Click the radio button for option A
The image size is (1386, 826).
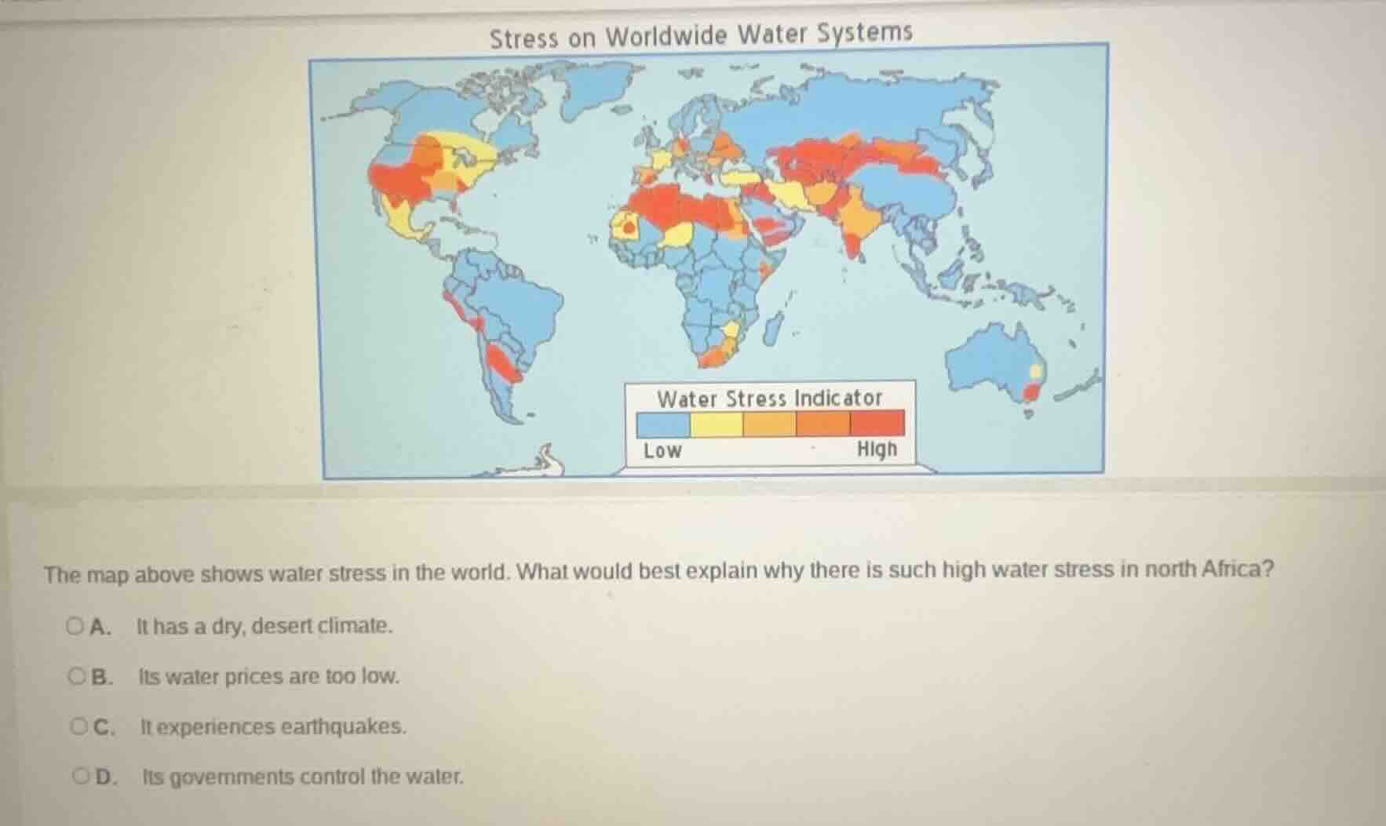point(75,626)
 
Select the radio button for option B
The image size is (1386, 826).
point(76,676)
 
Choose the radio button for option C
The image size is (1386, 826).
point(78,726)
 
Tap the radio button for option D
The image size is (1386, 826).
point(80,777)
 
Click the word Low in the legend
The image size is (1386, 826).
point(662,451)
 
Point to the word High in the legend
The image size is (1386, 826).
point(876,449)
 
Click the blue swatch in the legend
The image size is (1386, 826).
point(663,424)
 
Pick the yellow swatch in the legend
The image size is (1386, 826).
point(716,424)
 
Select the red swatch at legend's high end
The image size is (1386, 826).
point(877,424)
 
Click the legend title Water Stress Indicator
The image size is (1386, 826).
point(769,398)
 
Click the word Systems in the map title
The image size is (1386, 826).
point(865,33)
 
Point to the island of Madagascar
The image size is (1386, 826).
point(774,327)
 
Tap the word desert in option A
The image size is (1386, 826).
point(283,626)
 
